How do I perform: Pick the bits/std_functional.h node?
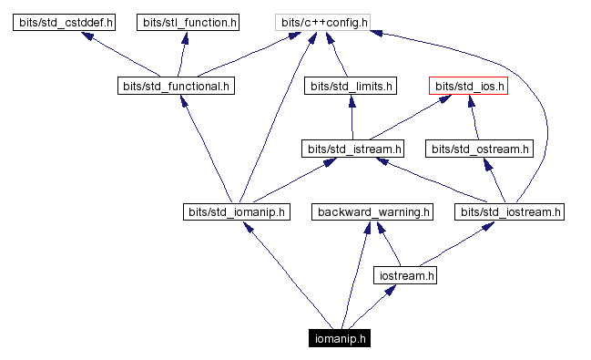pos(177,87)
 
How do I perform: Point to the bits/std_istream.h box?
pos(353,148)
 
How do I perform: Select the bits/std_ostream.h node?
pos(479,148)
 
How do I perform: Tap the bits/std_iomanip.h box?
pos(236,212)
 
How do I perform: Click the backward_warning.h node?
pos(372,212)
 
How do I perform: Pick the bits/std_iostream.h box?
pos(511,212)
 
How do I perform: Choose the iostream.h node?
pos(406,274)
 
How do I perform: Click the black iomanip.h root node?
pos(340,338)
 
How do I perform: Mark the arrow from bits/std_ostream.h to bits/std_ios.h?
pos(474,118)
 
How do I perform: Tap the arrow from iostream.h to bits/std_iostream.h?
pos(455,244)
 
